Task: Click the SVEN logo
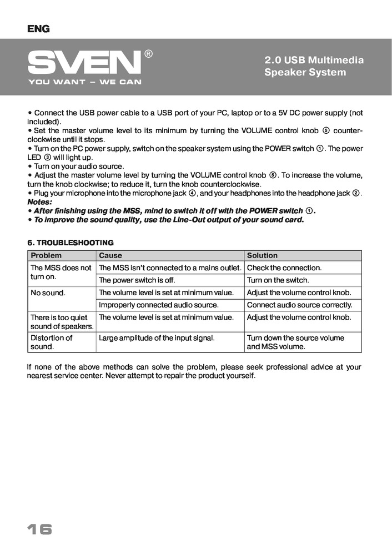pyautogui.click(x=84, y=62)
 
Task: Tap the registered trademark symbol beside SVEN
pyautogui.click(x=149, y=54)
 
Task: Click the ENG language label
pyautogui.click(x=38, y=29)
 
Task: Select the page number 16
pyautogui.click(x=39, y=529)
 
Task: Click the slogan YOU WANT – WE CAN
pyautogui.click(x=84, y=82)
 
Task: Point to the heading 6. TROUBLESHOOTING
pyautogui.click(x=71, y=243)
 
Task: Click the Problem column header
pyautogui.click(x=46, y=255)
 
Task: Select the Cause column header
pyautogui.click(x=110, y=255)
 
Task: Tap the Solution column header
pyautogui.click(x=262, y=255)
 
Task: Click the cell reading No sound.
pyautogui.click(x=48, y=292)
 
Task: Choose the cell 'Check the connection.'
pyautogui.click(x=284, y=268)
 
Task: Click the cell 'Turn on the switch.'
pyautogui.click(x=278, y=280)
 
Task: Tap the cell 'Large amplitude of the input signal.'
pyautogui.click(x=157, y=337)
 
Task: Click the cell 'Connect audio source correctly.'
pyautogui.click(x=299, y=305)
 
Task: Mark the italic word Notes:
pyautogui.click(x=39, y=202)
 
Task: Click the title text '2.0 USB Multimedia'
pyautogui.click(x=314, y=60)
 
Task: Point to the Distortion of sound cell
pyautogui.click(x=51, y=342)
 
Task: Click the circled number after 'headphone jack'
pyautogui.click(x=356, y=193)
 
